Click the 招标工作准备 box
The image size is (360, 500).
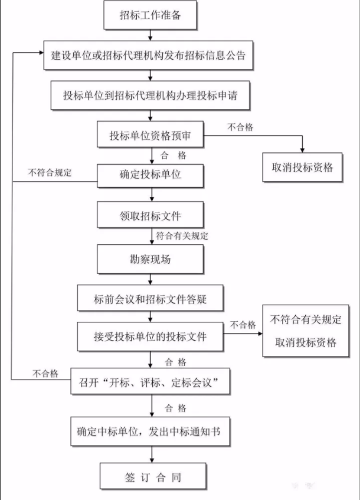click(150, 15)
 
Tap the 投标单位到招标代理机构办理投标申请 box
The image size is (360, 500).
click(150, 95)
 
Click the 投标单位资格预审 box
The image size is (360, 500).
click(150, 135)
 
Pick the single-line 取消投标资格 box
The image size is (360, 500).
click(303, 167)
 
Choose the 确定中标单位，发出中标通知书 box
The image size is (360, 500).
click(150, 432)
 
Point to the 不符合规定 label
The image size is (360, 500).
click(50, 173)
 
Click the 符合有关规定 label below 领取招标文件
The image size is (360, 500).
click(182, 236)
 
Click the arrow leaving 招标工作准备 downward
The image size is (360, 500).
click(150, 35)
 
